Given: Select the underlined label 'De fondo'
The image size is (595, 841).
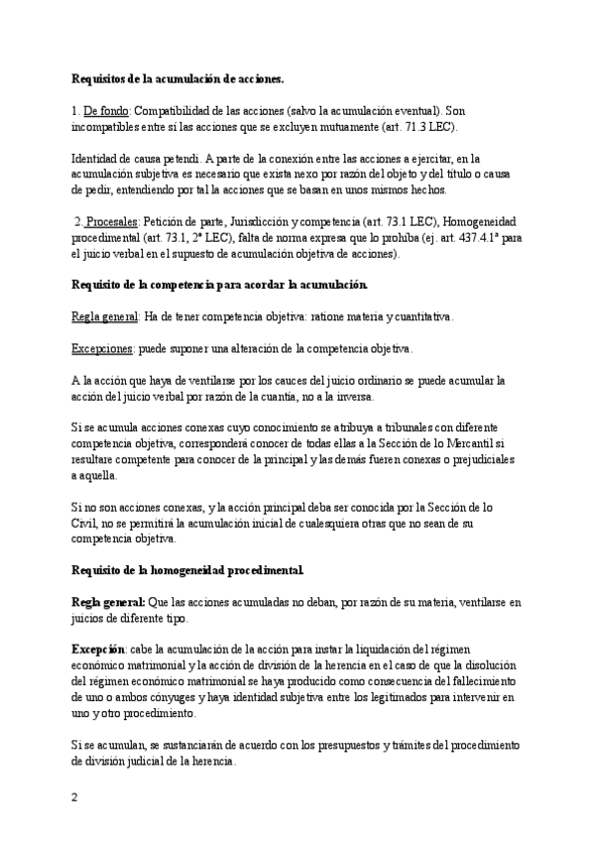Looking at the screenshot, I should click(106, 111).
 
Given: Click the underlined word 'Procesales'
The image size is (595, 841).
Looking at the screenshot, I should click(111, 223).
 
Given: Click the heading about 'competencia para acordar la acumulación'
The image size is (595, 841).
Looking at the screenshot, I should click(220, 286).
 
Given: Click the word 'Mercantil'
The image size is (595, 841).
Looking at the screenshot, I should click(490, 444).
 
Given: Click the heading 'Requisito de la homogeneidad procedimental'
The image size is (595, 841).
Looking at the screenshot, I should click(188, 570).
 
